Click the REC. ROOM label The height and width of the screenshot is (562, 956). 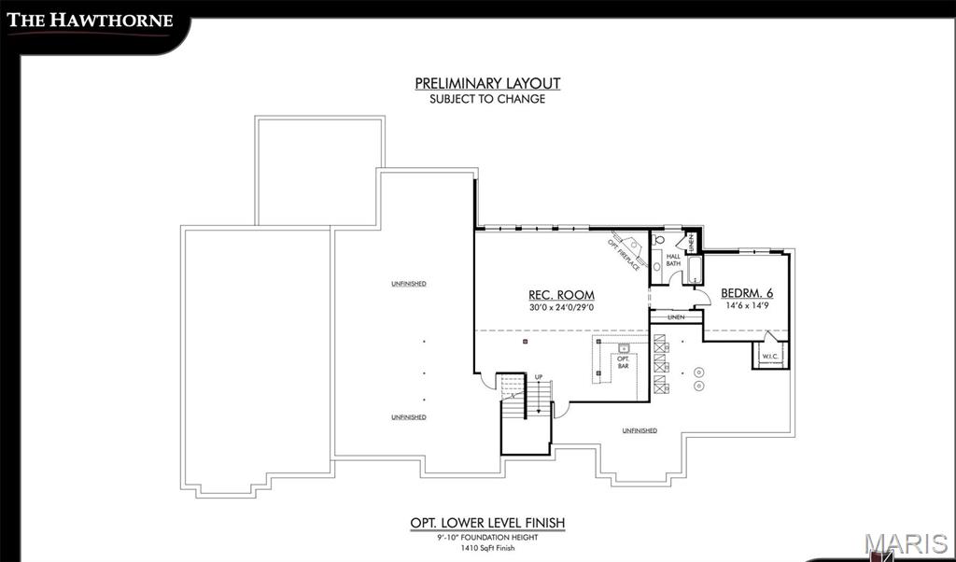coord(561,295)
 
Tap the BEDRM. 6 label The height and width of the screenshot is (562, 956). coord(747,293)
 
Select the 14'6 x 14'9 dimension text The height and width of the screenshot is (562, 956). coord(747,305)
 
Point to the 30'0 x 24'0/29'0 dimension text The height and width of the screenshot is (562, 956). coord(561,308)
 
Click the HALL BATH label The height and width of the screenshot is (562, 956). coord(673,260)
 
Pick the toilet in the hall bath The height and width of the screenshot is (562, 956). coord(657,239)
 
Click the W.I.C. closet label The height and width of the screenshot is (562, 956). coord(770,357)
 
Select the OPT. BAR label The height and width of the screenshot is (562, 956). coord(624,362)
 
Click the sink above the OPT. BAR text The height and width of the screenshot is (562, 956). coord(624,348)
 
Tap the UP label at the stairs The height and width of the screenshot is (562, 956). coord(539,377)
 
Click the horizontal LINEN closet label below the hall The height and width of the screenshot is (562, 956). coord(676,317)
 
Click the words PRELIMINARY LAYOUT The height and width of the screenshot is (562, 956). coord(487,83)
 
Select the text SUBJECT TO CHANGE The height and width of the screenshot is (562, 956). coord(487,98)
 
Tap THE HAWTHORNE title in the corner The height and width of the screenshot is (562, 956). coord(91,20)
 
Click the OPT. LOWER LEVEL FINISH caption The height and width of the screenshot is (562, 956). coord(487,523)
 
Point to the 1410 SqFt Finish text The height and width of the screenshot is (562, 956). coord(487,549)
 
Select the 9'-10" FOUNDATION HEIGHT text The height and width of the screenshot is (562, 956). coord(487,537)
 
